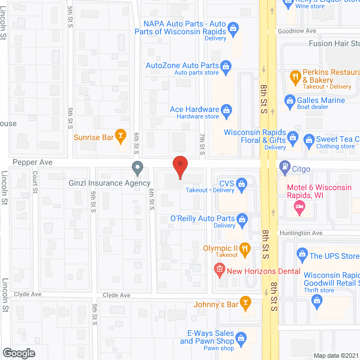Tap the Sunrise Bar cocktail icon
pyautogui.click(x=120, y=136)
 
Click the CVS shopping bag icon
pyautogui.click(x=242, y=183)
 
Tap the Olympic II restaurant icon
pyautogui.click(x=244, y=247)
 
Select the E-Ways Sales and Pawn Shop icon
pyautogui.click(x=242, y=337)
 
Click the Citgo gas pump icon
pyautogui.click(x=285, y=168)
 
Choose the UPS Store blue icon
pyautogui.click(x=301, y=255)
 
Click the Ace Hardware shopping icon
pyautogui.click(x=227, y=109)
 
